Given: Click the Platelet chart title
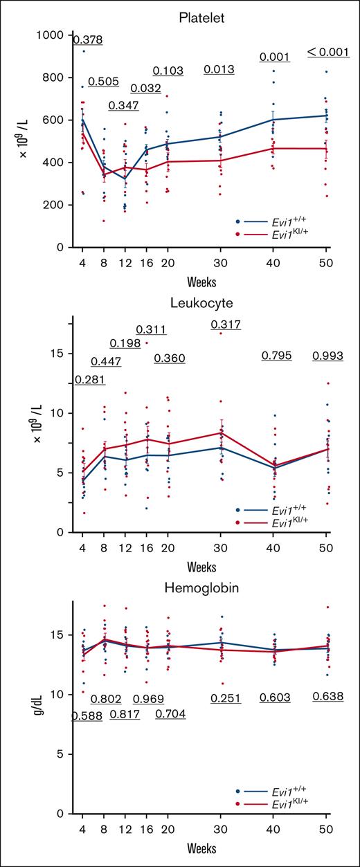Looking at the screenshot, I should tap(204, 13).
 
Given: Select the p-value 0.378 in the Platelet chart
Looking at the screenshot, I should tap(88, 40).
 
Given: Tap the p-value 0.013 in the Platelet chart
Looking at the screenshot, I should tap(219, 69).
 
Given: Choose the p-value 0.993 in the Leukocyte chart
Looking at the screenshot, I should tap(328, 356).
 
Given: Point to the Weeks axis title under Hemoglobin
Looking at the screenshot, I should tap(204, 848).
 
